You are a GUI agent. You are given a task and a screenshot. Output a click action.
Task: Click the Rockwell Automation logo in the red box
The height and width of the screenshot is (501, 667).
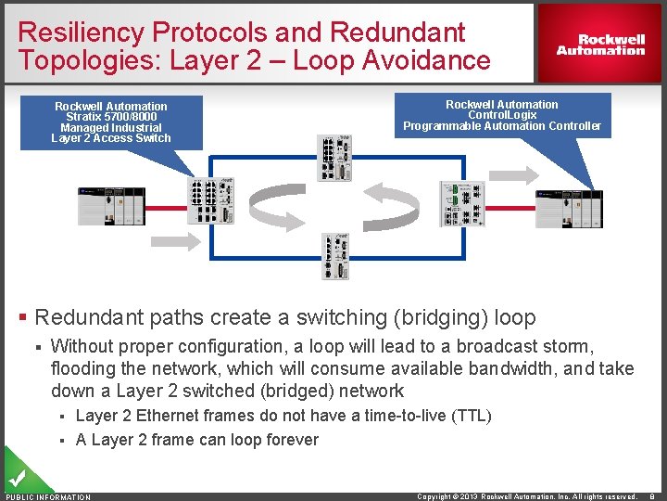coord(600,45)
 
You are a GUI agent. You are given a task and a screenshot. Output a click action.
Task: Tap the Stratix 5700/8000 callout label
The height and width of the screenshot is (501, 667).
coord(111,122)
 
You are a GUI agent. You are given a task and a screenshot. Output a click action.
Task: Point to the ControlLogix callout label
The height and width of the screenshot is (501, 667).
coord(501,115)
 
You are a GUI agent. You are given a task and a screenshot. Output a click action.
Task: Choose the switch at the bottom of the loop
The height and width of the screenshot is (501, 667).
coord(335,256)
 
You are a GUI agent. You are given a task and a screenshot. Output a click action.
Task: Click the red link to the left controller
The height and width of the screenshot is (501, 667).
coord(166,206)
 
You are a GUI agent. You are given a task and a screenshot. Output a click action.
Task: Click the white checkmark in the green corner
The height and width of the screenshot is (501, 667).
coord(16,479)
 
